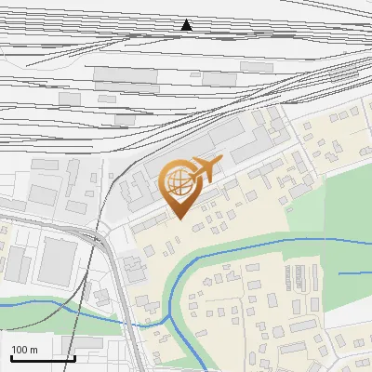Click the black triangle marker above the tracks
click(187, 26)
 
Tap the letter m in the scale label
click(33, 350)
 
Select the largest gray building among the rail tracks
click(126, 75)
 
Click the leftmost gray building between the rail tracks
click(70, 98)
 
